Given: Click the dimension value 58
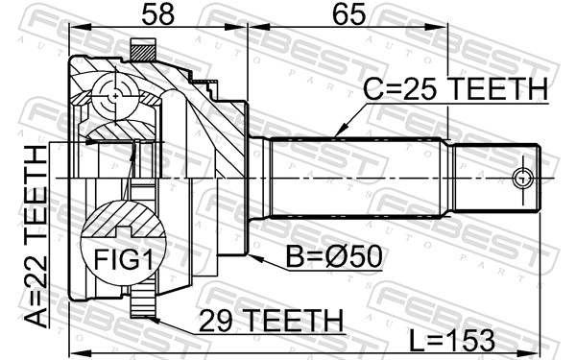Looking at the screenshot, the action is click(x=158, y=14).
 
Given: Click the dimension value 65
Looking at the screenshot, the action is click(x=348, y=14).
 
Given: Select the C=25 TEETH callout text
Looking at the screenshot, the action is click(x=456, y=89).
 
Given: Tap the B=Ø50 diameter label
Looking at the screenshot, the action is click(x=334, y=256).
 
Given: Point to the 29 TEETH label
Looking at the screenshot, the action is click(x=271, y=321).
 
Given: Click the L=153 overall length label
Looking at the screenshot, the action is click(x=452, y=341).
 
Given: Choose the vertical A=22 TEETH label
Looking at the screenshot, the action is click(x=36, y=236).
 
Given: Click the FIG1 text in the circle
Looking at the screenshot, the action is click(x=123, y=259).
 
